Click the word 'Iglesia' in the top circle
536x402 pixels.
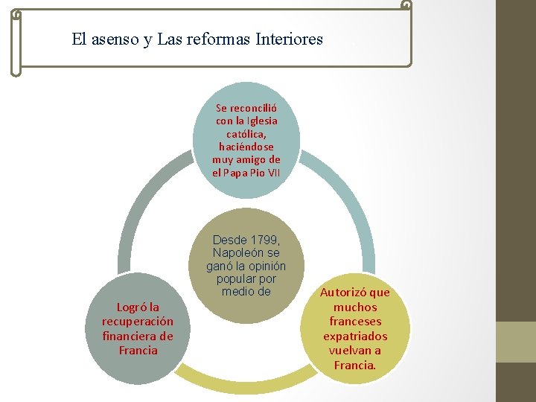[258, 120]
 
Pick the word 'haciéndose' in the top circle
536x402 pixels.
[246, 147]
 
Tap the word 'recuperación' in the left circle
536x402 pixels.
[138, 322]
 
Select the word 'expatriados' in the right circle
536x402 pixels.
[355, 336]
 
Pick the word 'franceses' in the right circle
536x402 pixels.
[355, 322]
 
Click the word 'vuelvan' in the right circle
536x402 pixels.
[347, 351]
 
